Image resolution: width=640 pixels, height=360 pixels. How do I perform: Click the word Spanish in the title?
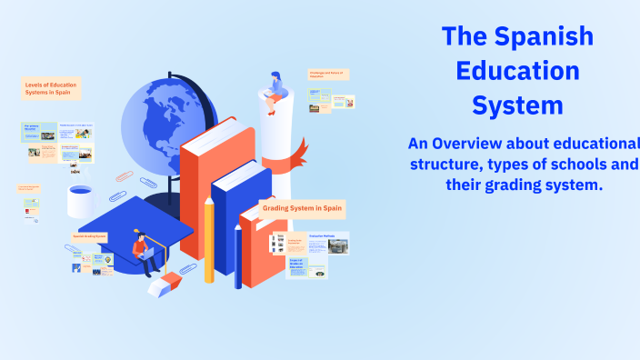coord(544,36)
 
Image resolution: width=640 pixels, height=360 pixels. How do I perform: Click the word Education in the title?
coord(518,71)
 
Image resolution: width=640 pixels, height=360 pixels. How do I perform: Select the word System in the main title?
coord(518,105)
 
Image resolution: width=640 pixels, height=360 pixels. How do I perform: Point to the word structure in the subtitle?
coord(449,165)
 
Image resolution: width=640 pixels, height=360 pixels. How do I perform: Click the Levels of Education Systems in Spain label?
coord(51,88)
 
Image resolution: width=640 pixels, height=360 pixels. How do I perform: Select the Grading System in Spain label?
coord(303,208)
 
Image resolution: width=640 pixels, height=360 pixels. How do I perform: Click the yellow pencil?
coord(209,241)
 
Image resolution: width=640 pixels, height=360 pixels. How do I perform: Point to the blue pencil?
coord(238,255)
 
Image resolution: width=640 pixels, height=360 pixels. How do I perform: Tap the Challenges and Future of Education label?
coord(328,75)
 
